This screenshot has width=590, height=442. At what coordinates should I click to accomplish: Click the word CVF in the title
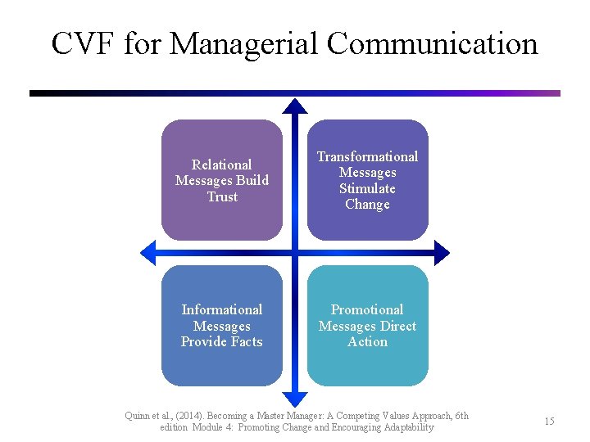(84, 43)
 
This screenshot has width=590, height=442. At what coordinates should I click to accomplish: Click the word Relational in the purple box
(221, 165)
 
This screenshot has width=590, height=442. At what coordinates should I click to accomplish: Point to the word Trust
(222, 197)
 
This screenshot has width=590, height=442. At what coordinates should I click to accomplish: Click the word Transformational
(367, 156)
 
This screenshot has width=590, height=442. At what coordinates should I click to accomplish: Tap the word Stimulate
(367, 188)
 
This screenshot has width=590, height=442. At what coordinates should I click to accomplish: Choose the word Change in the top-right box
(367, 205)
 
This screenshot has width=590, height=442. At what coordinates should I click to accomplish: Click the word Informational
(221, 309)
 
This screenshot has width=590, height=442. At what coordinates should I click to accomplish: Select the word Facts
(244, 342)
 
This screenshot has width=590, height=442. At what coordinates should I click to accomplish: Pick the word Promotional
(367, 309)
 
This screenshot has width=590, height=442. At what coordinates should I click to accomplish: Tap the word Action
(367, 342)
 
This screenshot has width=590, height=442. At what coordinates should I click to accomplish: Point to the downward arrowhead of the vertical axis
(295, 399)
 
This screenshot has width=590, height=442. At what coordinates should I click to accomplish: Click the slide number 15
(549, 421)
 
